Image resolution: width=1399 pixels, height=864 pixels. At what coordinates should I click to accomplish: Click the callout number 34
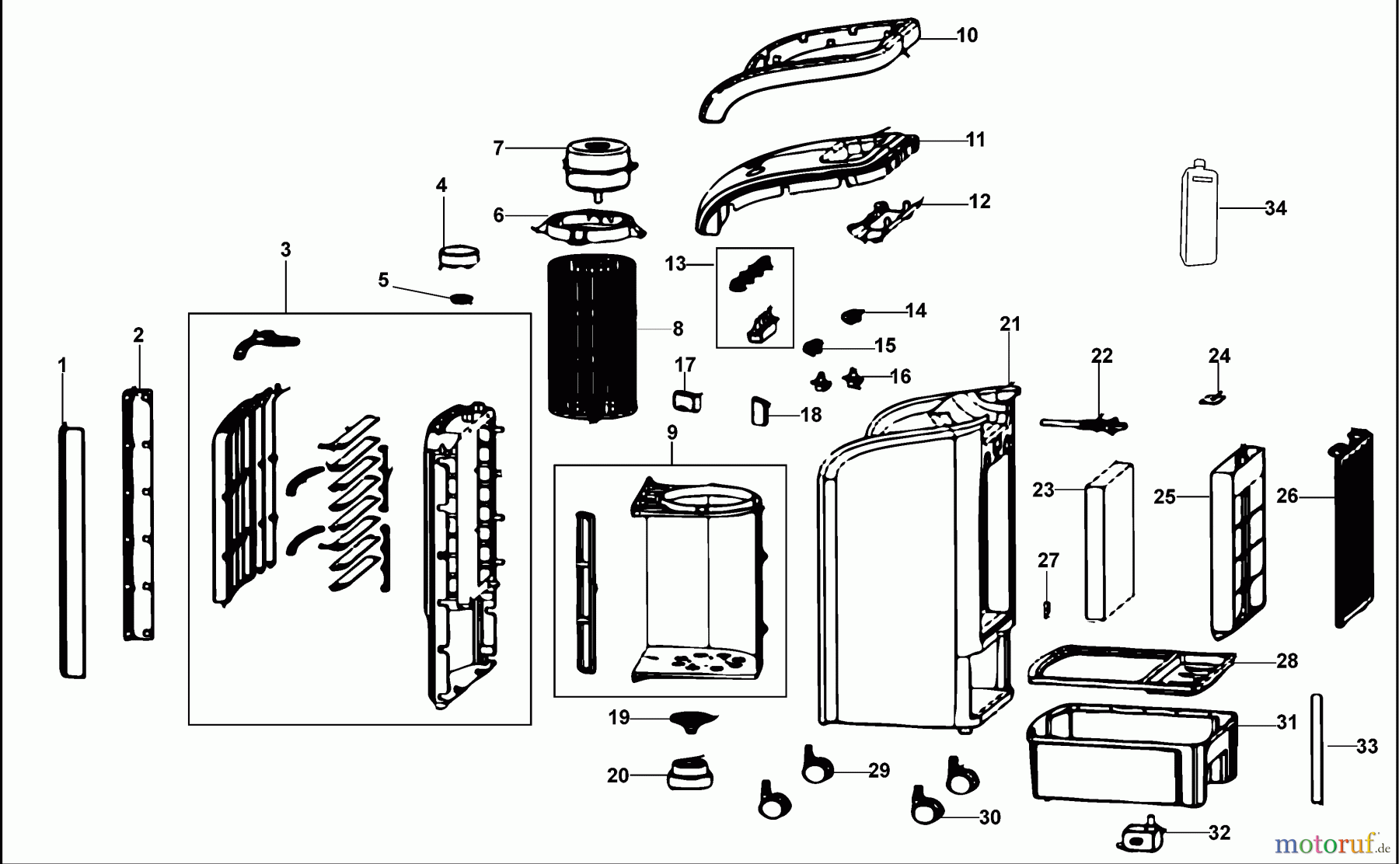(1275, 208)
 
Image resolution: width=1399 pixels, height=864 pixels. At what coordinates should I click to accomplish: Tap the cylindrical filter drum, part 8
(592, 334)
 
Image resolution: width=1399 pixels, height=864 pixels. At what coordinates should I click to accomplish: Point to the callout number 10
(966, 36)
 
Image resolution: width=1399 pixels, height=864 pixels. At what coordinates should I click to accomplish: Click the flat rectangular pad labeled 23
(1109, 541)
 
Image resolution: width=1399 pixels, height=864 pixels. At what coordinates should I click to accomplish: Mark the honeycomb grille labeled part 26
(1353, 528)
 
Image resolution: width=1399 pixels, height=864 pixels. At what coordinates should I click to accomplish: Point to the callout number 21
(1010, 324)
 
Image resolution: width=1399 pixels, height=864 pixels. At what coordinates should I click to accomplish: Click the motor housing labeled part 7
(597, 165)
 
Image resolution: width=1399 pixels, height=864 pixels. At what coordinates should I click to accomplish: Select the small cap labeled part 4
(459, 256)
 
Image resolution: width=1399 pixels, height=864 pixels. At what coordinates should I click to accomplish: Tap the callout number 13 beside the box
(675, 264)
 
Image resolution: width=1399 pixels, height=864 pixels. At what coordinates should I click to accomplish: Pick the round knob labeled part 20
(689, 774)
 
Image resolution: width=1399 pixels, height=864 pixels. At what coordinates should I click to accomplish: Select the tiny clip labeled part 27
(1047, 608)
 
